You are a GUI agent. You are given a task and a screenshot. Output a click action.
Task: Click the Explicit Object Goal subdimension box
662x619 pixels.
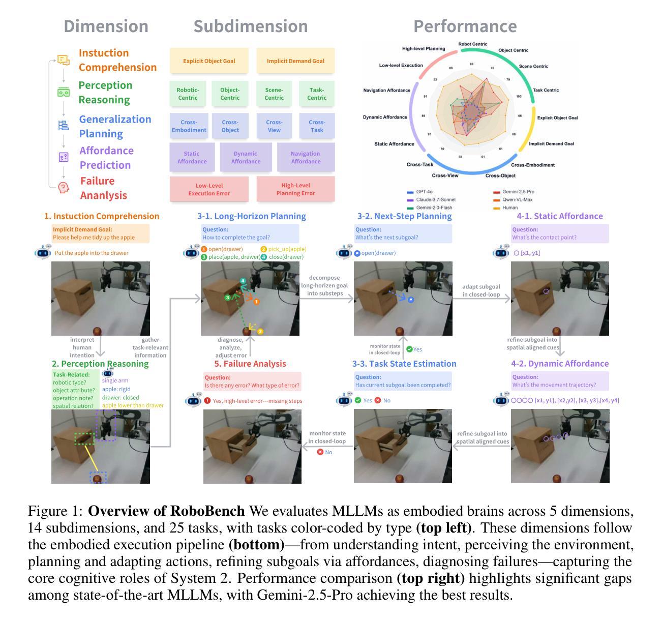coord(209,61)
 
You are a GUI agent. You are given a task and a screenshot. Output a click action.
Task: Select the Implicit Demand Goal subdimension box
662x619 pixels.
coord(295,61)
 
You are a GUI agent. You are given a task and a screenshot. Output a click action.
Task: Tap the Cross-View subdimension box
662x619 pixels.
coord(274,126)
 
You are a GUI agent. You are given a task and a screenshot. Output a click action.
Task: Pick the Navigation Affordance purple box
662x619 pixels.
coord(306,158)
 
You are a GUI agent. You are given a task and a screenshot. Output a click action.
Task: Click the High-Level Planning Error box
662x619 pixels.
coord(295,189)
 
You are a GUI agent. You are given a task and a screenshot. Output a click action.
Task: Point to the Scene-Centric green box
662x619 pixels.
coord(274,94)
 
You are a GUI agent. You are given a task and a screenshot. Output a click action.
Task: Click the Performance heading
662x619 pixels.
coord(465,26)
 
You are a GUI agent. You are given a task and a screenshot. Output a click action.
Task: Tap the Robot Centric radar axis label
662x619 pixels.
coord(473,44)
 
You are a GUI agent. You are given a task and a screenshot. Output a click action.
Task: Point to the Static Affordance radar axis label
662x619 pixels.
coord(394,144)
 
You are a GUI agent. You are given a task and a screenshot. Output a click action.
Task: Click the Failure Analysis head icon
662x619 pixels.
coord(63,188)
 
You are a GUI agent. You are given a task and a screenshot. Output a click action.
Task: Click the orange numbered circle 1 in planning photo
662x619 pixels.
coord(257,302)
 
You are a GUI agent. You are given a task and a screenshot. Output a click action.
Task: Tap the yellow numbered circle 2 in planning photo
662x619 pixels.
coord(260,332)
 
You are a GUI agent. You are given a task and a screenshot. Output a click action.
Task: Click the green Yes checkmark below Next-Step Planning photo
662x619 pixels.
coord(409,349)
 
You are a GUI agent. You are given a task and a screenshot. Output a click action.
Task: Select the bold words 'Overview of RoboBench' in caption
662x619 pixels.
coord(166,511)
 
